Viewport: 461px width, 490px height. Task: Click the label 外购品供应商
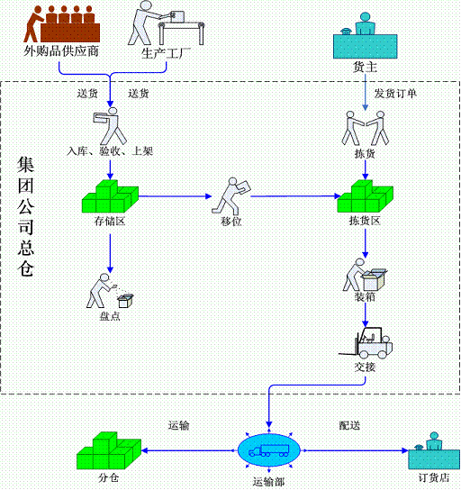61,51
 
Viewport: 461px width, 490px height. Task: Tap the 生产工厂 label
166,53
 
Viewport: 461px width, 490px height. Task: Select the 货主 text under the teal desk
365,68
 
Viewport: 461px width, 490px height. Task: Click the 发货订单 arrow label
395,93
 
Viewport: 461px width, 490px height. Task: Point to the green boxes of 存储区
110,196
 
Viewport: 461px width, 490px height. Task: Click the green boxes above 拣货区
366,196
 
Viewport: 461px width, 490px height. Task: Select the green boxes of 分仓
109,450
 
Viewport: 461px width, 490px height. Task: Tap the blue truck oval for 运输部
269,450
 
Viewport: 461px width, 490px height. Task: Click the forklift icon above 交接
366,343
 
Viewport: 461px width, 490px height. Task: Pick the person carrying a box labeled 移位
231,196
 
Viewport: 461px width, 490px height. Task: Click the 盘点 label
110,316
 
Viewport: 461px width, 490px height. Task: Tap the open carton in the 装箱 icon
374,280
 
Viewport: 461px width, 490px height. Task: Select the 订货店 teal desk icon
434,450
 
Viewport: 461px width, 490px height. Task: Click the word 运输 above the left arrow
178,425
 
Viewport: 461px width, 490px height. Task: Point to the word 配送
349,425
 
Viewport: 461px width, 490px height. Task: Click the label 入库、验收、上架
110,151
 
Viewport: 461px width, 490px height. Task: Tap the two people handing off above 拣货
366,128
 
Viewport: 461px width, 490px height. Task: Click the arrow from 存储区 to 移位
175,196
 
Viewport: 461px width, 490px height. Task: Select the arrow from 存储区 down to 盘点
110,253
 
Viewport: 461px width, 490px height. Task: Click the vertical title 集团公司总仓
25,216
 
